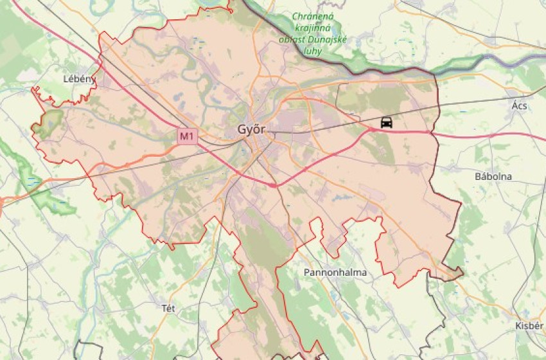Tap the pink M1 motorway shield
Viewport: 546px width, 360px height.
pyautogui.click(x=186, y=136)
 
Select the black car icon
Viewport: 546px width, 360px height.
pyautogui.click(x=386, y=122)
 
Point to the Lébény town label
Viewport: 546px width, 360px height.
pyautogui.click(x=79, y=79)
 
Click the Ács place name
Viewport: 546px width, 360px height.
pyautogui.click(x=519, y=105)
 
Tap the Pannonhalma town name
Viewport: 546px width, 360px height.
pyautogui.click(x=335, y=273)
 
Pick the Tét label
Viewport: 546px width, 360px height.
pyautogui.click(x=168, y=308)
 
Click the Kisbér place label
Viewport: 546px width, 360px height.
pyautogui.click(x=529, y=326)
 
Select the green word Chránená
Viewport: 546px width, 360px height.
pyautogui.click(x=315, y=17)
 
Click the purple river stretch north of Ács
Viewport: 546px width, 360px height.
pyautogui.click(x=514, y=59)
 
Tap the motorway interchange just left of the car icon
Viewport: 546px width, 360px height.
pyautogui.click(x=371, y=129)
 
